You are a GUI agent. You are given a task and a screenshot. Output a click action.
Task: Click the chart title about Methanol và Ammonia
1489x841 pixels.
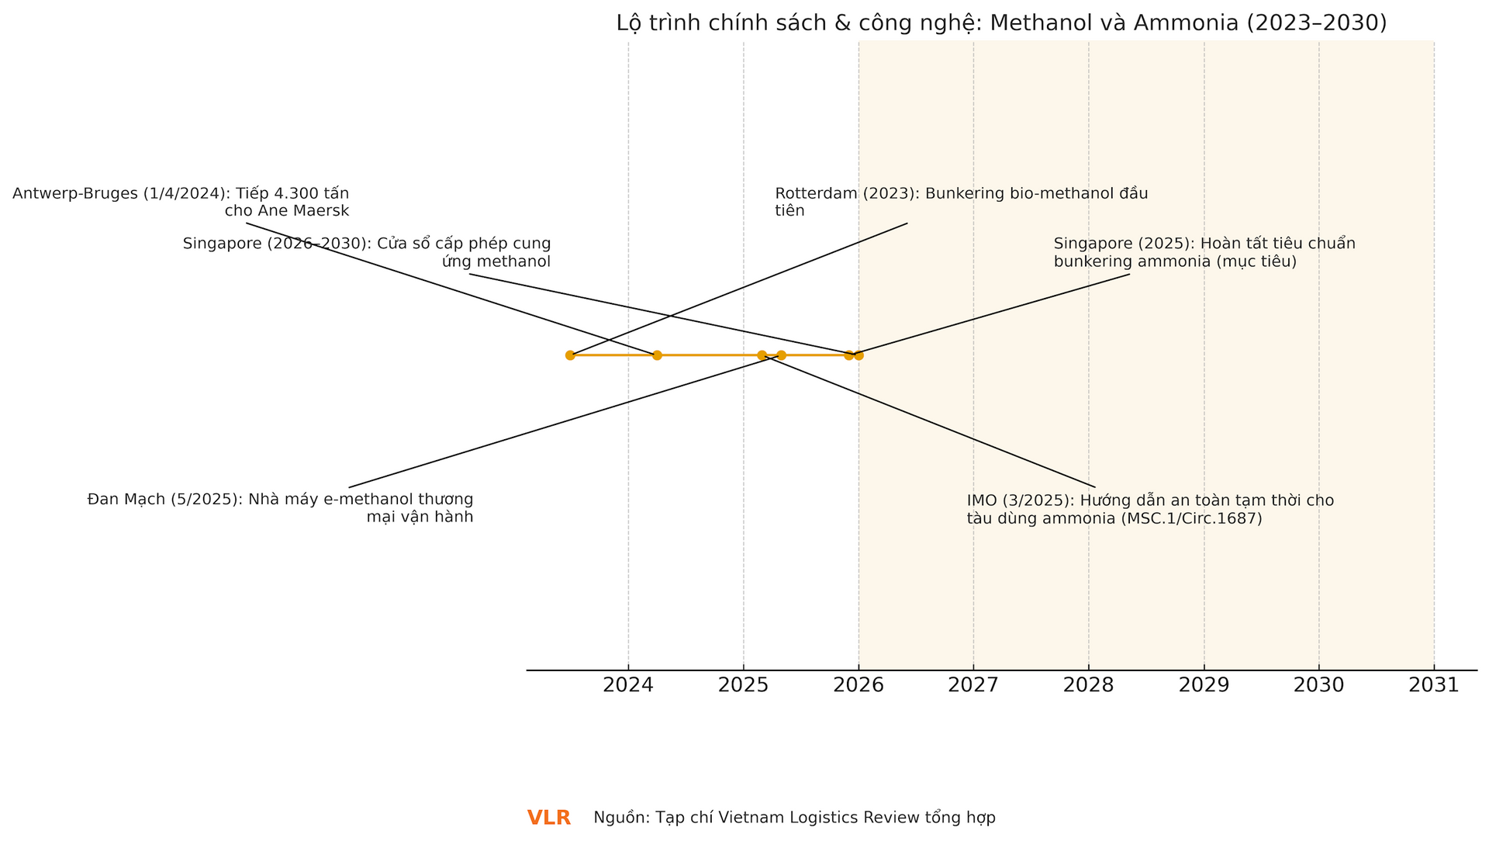[x=1001, y=23]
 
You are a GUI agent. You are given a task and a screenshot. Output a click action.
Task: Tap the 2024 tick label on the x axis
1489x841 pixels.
[x=628, y=685]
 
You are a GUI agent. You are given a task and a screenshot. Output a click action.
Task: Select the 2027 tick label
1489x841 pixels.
[x=973, y=685]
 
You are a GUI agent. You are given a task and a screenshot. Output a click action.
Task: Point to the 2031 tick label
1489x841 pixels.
[x=1434, y=685]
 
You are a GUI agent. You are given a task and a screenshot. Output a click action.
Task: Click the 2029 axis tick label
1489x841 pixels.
[x=1204, y=685]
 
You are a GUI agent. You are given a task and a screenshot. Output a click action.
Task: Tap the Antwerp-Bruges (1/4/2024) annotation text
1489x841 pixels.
[x=181, y=202]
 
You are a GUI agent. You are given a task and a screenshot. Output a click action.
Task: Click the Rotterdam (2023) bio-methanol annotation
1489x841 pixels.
[x=960, y=202]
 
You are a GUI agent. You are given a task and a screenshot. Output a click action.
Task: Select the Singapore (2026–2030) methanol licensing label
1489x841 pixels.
[x=367, y=252]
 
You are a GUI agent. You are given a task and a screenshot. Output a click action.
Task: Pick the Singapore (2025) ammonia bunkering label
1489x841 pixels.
[x=1204, y=252]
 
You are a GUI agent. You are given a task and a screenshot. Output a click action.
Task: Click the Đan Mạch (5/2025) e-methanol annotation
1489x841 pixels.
[x=280, y=508]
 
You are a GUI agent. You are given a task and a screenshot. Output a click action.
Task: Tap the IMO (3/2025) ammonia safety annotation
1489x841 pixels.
[x=1149, y=509]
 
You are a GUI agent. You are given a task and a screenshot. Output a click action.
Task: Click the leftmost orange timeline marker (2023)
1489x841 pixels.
[x=570, y=355]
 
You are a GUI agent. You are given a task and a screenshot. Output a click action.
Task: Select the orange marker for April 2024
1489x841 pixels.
[x=657, y=355]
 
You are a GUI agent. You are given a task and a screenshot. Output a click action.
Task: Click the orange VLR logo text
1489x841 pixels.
[x=549, y=818]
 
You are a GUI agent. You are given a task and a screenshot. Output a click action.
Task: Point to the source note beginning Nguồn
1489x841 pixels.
[x=794, y=818]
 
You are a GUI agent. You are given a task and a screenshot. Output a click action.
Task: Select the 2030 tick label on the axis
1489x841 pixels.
[x=1318, y=685]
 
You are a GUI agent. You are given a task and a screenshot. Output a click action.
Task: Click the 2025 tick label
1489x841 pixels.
[x=743, y=685]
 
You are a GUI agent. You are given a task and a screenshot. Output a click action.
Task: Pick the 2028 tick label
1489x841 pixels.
[x=1088, y=685]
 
